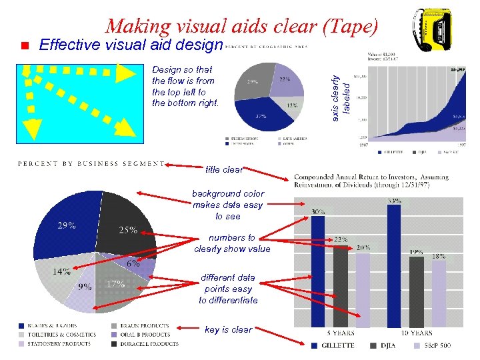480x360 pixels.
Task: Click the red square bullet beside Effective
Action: click(23, 46)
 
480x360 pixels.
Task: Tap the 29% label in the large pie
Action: click(65, 225)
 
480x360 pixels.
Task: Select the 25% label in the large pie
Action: click(128, 231)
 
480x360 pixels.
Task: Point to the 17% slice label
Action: click(115, 283)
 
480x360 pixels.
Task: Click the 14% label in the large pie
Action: click(62, 271)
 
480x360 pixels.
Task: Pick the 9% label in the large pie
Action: click(85, 287)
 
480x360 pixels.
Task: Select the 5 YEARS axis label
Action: click(340, 333)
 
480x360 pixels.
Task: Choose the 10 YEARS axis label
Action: click(417, 333)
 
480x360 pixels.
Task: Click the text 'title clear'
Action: click(224, 169)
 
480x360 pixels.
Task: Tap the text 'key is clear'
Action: click(228, 329)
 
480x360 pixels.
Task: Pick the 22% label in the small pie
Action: click(284, 79)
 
